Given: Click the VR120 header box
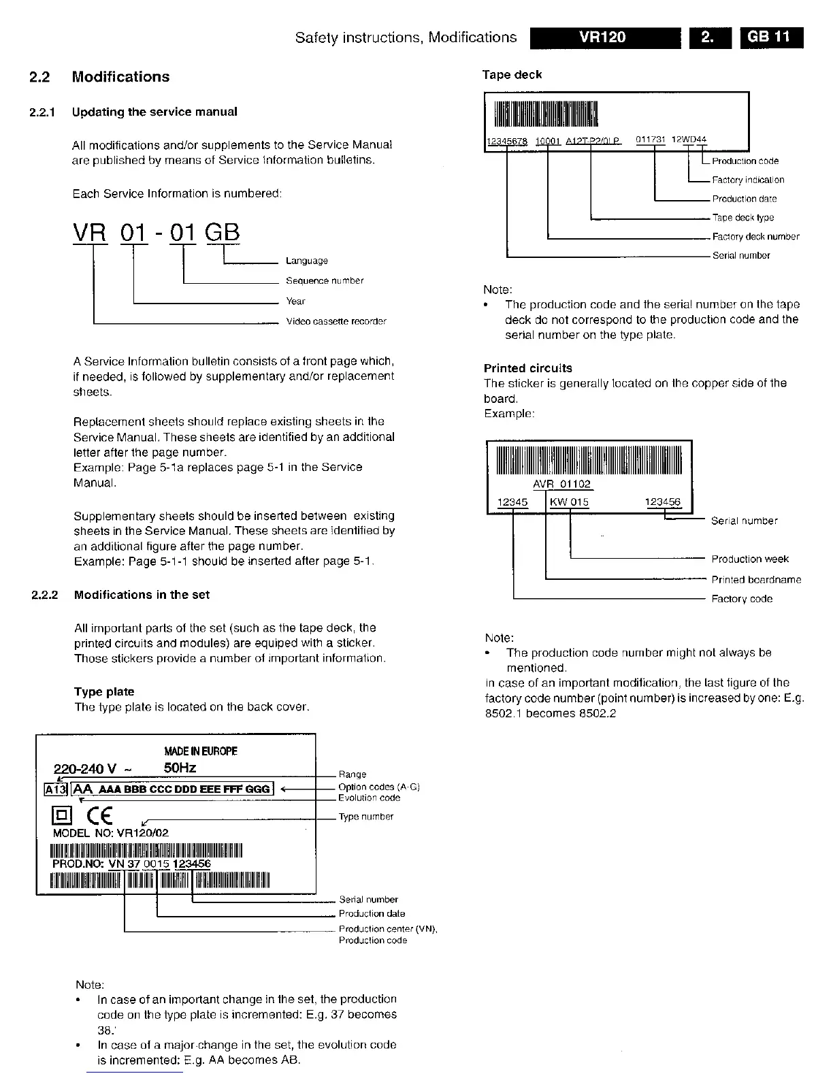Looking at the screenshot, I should pos(604,37).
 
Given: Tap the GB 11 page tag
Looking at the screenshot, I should pos(772,37).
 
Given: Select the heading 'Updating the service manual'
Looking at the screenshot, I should pos(154,112).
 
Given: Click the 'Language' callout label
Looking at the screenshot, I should pos(307,261).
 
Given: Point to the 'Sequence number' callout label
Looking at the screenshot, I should pos(325,280).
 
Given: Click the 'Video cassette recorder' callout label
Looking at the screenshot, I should pos(336,321).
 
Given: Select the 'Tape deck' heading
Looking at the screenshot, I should pos(512,75).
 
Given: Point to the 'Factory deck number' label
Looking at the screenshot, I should pos(755,237).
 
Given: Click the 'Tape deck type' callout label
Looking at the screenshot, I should pos(743,218).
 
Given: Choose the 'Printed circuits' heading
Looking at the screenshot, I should pos(528,368).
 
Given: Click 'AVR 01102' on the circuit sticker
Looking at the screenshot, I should pos(562,485).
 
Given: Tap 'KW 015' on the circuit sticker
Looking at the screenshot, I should pos(570,502).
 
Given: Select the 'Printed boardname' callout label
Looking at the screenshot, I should pos(756,580).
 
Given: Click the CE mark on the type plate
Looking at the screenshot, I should pos(99,815).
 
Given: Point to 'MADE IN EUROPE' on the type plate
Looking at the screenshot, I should pos(201,751).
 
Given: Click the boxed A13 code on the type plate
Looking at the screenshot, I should pos(53,789).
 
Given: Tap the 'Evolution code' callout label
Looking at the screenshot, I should pos(369,798).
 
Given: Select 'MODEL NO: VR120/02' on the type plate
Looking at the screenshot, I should pos(110,833).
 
